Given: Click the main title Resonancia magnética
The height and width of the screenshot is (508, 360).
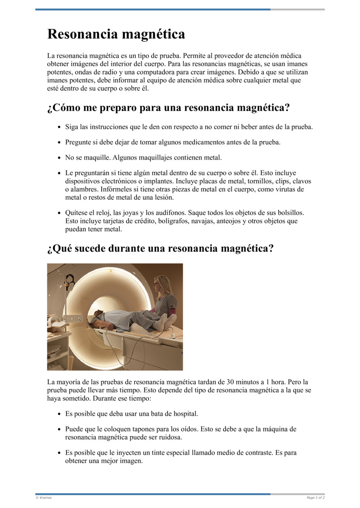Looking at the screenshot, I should (116, 34).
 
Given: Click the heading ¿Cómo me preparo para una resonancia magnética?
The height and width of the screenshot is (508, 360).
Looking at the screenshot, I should (168, 108).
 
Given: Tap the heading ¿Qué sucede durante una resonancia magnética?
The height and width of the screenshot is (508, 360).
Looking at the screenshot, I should (160, 248).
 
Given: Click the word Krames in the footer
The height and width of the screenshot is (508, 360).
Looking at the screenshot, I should (45, 498).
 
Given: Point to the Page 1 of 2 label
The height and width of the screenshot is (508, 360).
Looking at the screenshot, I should (315, 498).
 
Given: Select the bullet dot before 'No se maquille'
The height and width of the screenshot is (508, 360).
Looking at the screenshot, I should (59, 158).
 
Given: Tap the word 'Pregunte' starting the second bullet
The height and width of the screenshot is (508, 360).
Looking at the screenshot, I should (79, 142).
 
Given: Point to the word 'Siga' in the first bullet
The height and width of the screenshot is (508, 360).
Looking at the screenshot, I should (72, 127).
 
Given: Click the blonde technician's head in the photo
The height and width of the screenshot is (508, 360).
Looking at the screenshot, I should (161, 283).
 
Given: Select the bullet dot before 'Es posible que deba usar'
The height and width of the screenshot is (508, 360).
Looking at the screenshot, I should (59, 414).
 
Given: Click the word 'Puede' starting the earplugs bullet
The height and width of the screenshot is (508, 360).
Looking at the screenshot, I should (75, 429).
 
